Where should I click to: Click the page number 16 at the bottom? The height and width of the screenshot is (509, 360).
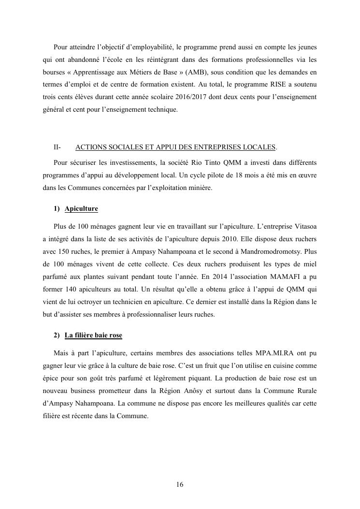coord(180,485)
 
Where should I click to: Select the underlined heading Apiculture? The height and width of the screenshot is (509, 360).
coord(81,209)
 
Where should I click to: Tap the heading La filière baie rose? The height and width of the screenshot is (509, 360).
coord(93,335)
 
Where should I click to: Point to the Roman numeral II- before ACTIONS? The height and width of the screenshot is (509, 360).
coord(58,147)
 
